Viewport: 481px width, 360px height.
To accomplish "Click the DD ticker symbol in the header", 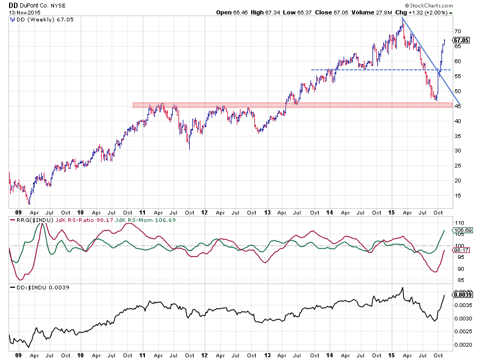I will point(13,5).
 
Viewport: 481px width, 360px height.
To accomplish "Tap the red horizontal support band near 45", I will point(214,105).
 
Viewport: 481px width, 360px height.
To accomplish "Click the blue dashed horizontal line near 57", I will point(363,70).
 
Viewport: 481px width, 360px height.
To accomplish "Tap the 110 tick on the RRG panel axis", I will point(457,223).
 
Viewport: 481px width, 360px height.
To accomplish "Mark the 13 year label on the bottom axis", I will point(268,354).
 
